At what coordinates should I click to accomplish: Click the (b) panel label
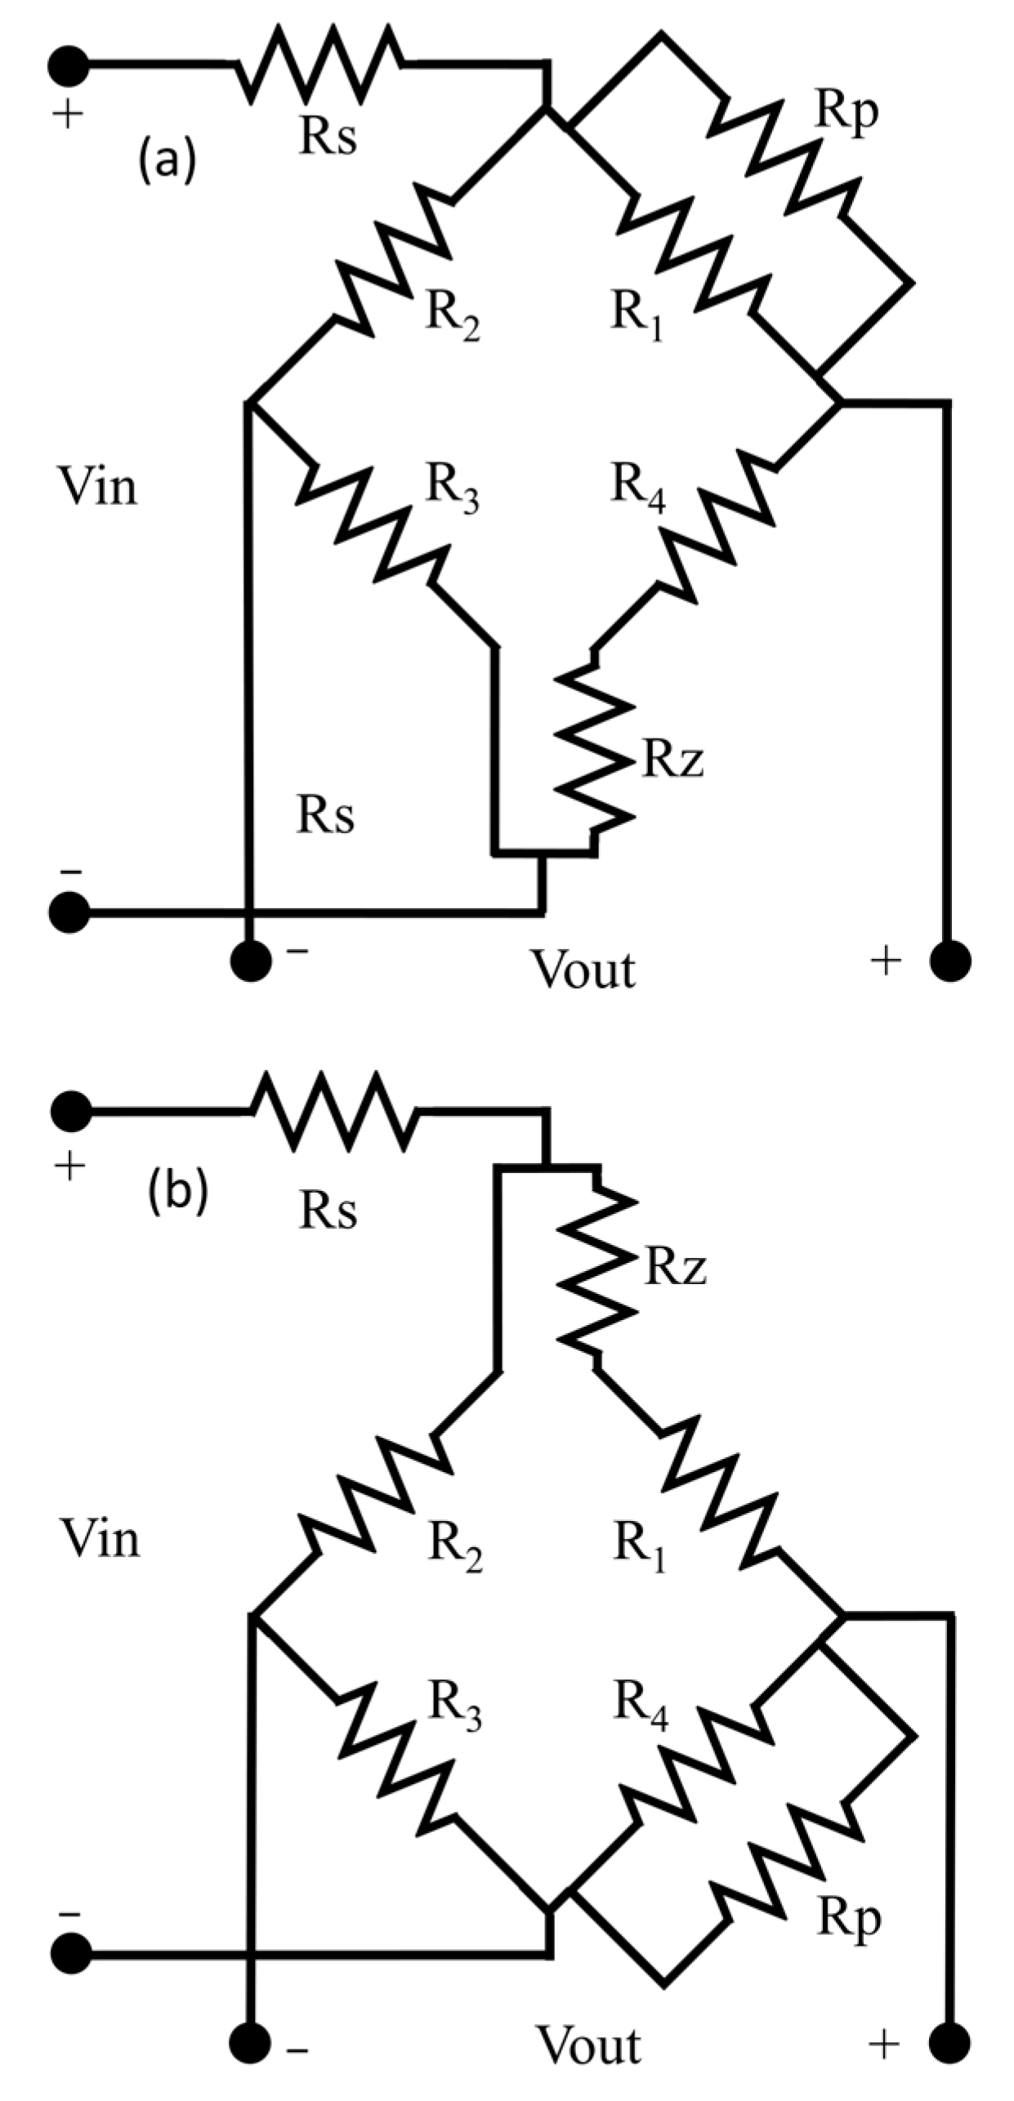point(177,1192)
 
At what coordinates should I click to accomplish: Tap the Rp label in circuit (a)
point(846,112)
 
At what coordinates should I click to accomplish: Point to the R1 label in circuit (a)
point(637,315)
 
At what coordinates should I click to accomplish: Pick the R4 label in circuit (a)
point(638,487)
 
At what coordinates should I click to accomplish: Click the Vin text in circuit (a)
point(97,487)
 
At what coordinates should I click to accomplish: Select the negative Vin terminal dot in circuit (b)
point(70,1956)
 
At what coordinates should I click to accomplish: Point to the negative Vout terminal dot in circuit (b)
point(250,2045)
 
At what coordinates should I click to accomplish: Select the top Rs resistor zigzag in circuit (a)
point(319,64)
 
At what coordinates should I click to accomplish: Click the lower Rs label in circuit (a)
point(325,815)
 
